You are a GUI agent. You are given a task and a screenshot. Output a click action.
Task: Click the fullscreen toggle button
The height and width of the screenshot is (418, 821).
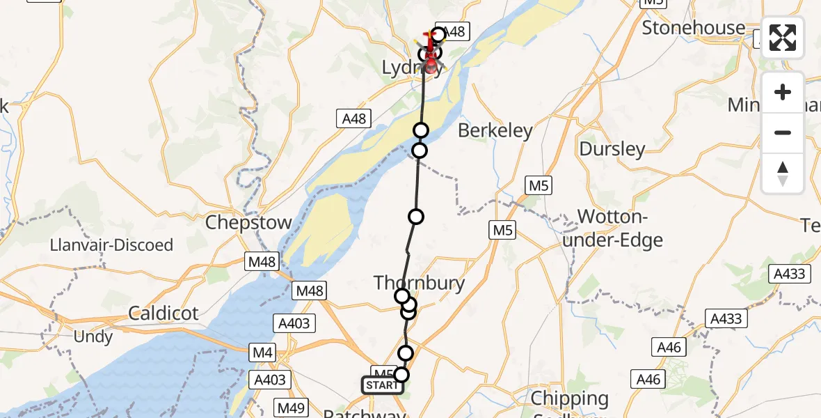coord(783,38)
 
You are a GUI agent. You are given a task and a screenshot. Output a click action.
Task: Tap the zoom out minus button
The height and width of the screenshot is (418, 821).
coord(783,132)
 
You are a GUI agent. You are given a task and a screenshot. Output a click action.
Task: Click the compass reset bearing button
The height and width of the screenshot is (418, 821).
coord(783,173)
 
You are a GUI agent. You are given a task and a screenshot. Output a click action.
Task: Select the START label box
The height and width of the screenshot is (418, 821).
coord(382,385)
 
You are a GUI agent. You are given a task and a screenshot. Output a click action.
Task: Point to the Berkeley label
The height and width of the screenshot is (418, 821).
coord(495,130)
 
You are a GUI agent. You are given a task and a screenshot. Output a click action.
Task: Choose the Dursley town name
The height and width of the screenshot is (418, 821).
coord(612,149)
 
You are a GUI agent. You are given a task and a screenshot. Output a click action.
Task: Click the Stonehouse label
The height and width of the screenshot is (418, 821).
coord(693,28)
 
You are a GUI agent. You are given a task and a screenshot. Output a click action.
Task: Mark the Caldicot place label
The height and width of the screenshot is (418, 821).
coord(164,313)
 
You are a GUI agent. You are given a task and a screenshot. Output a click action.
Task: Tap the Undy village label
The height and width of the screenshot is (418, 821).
coord(93,337)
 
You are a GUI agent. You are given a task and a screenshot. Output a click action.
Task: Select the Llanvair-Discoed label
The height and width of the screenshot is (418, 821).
coord(111,245)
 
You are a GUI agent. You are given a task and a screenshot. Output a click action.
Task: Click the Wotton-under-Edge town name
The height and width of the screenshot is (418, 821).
coord(621,228)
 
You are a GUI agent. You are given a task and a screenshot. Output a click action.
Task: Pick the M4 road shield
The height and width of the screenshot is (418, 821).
coord(262,354)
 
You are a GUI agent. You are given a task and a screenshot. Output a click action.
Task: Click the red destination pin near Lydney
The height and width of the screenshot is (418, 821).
coord(432,65)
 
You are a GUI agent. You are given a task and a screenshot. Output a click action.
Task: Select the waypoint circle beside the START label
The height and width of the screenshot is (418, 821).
coord(401,376)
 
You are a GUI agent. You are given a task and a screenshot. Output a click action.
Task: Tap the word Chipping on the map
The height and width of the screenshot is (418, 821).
coord(569,399)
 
